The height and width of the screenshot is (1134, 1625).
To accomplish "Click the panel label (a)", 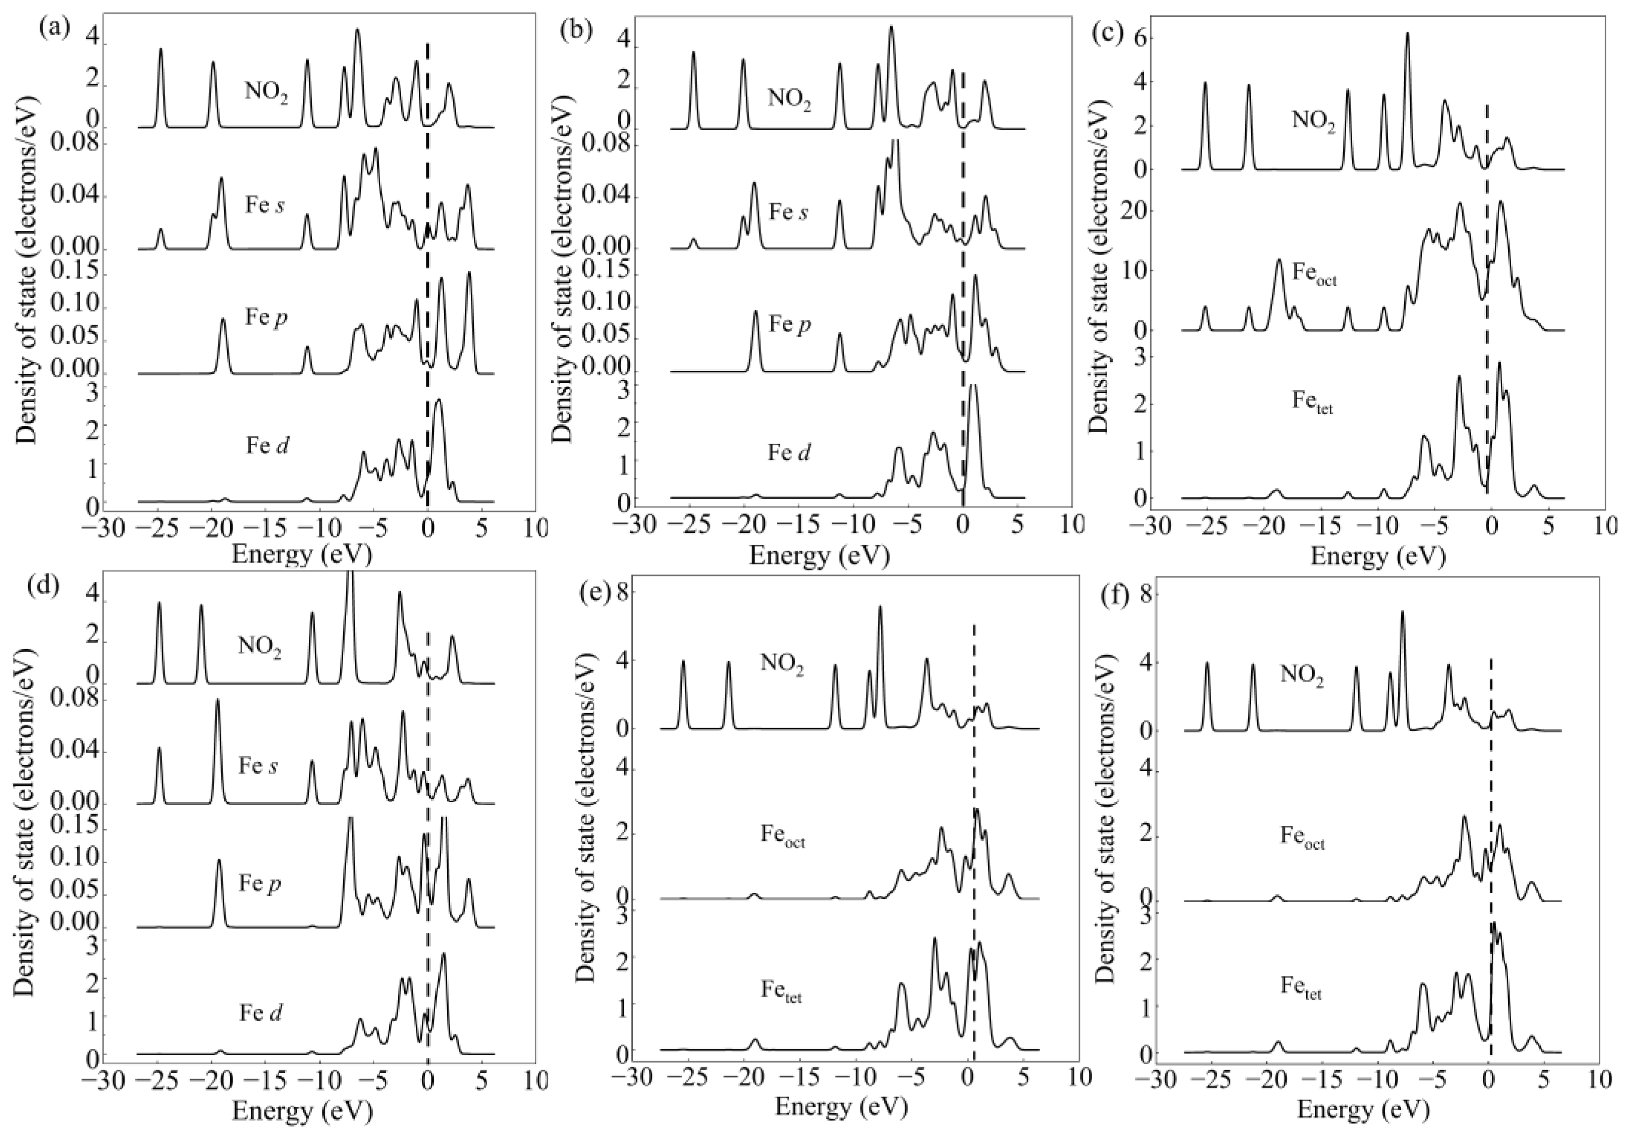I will (x=55, y=30).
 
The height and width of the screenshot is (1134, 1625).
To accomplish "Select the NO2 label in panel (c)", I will (x=1314, y=119).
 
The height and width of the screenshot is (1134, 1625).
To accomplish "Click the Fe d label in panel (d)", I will (x=260, y=1014).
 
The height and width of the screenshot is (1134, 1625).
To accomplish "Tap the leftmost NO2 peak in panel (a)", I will (x=160, y=50).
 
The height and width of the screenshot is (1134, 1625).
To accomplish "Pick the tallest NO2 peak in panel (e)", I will (x=880, y=607).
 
